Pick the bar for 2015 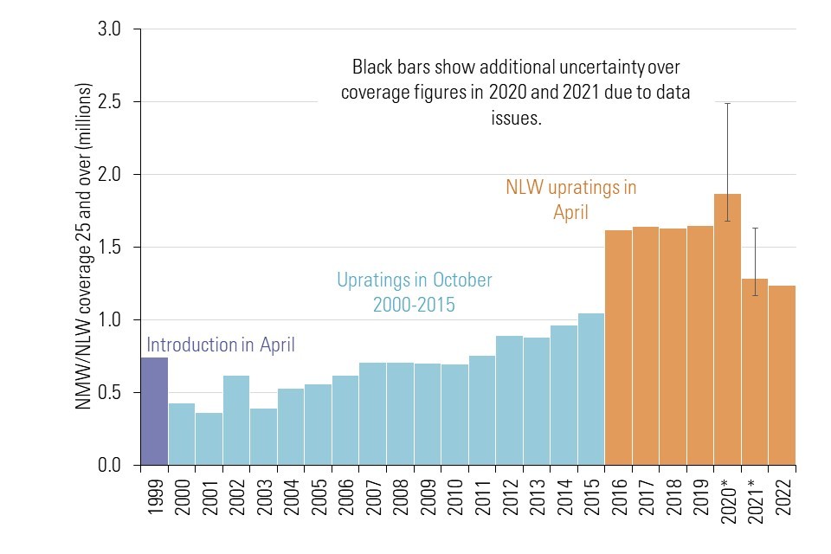pos(590,390)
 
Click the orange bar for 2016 pos(618,347)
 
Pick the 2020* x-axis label pos(728,499)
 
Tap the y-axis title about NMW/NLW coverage pos(84,247)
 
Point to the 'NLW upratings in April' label pos(570,199)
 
